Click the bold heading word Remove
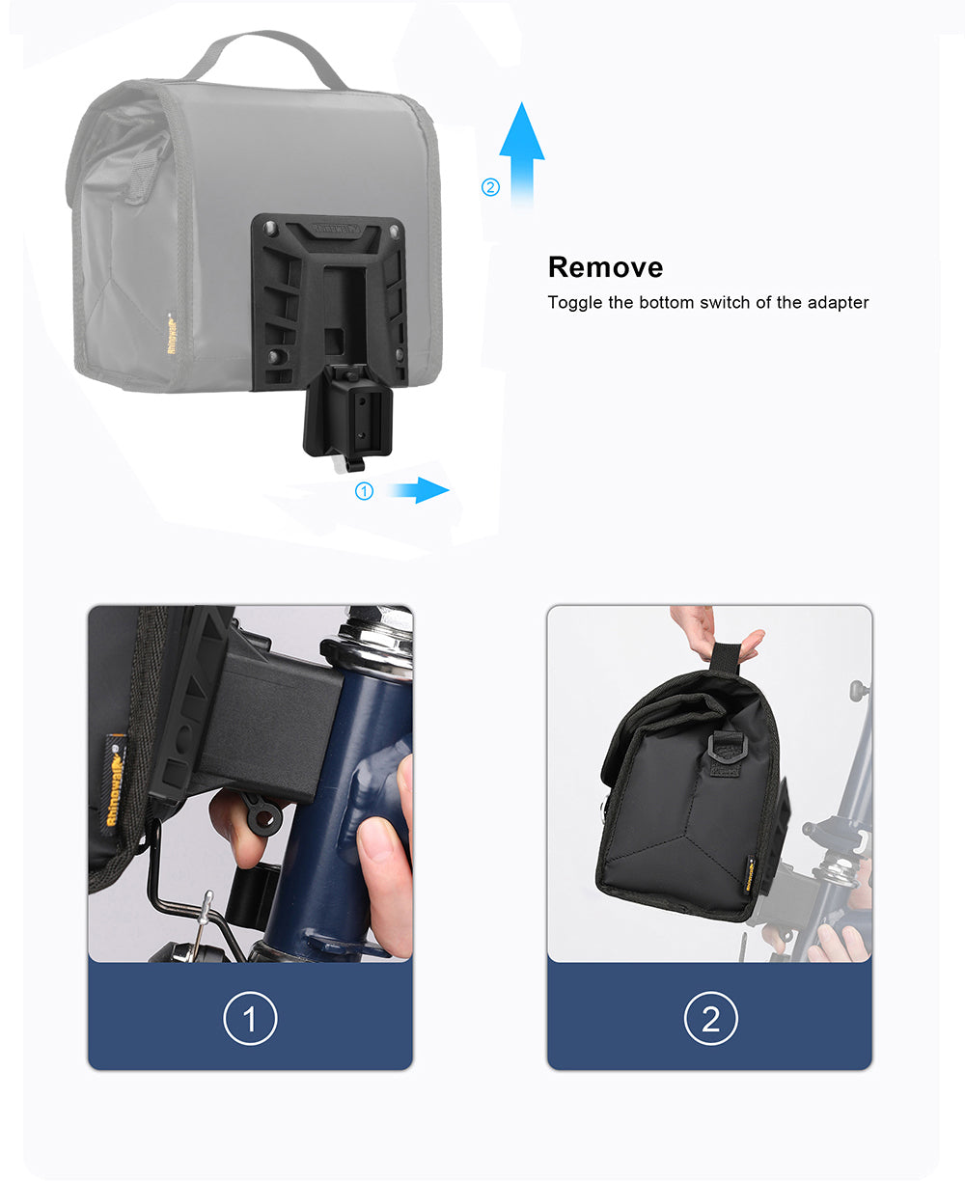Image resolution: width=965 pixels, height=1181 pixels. [x=605, y=267]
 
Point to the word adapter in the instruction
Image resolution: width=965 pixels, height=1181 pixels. [x=838, y=302]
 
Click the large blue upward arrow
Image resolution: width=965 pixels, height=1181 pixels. [x=522, y=154]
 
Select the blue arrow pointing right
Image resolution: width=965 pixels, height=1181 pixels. [x=419, y=490]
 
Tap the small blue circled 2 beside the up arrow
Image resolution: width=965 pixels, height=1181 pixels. [x=490, y=187]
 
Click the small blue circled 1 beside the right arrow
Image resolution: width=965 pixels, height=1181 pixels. [x=364, y=491]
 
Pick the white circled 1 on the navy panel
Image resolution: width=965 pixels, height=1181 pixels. [x=250, y=1018]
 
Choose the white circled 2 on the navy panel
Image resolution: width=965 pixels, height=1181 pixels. [x=711, y=1018]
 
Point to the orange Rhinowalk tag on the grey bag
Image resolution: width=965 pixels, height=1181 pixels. [x=172, y=333]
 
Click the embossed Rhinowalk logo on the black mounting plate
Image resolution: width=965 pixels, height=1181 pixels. [x=337, y=229]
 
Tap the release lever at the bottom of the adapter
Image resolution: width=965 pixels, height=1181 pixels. [x=350, y=462]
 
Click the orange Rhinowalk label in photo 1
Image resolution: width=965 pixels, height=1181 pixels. [x=115, y=780]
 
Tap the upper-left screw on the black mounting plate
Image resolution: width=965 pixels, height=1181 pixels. [x=269, y=228]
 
